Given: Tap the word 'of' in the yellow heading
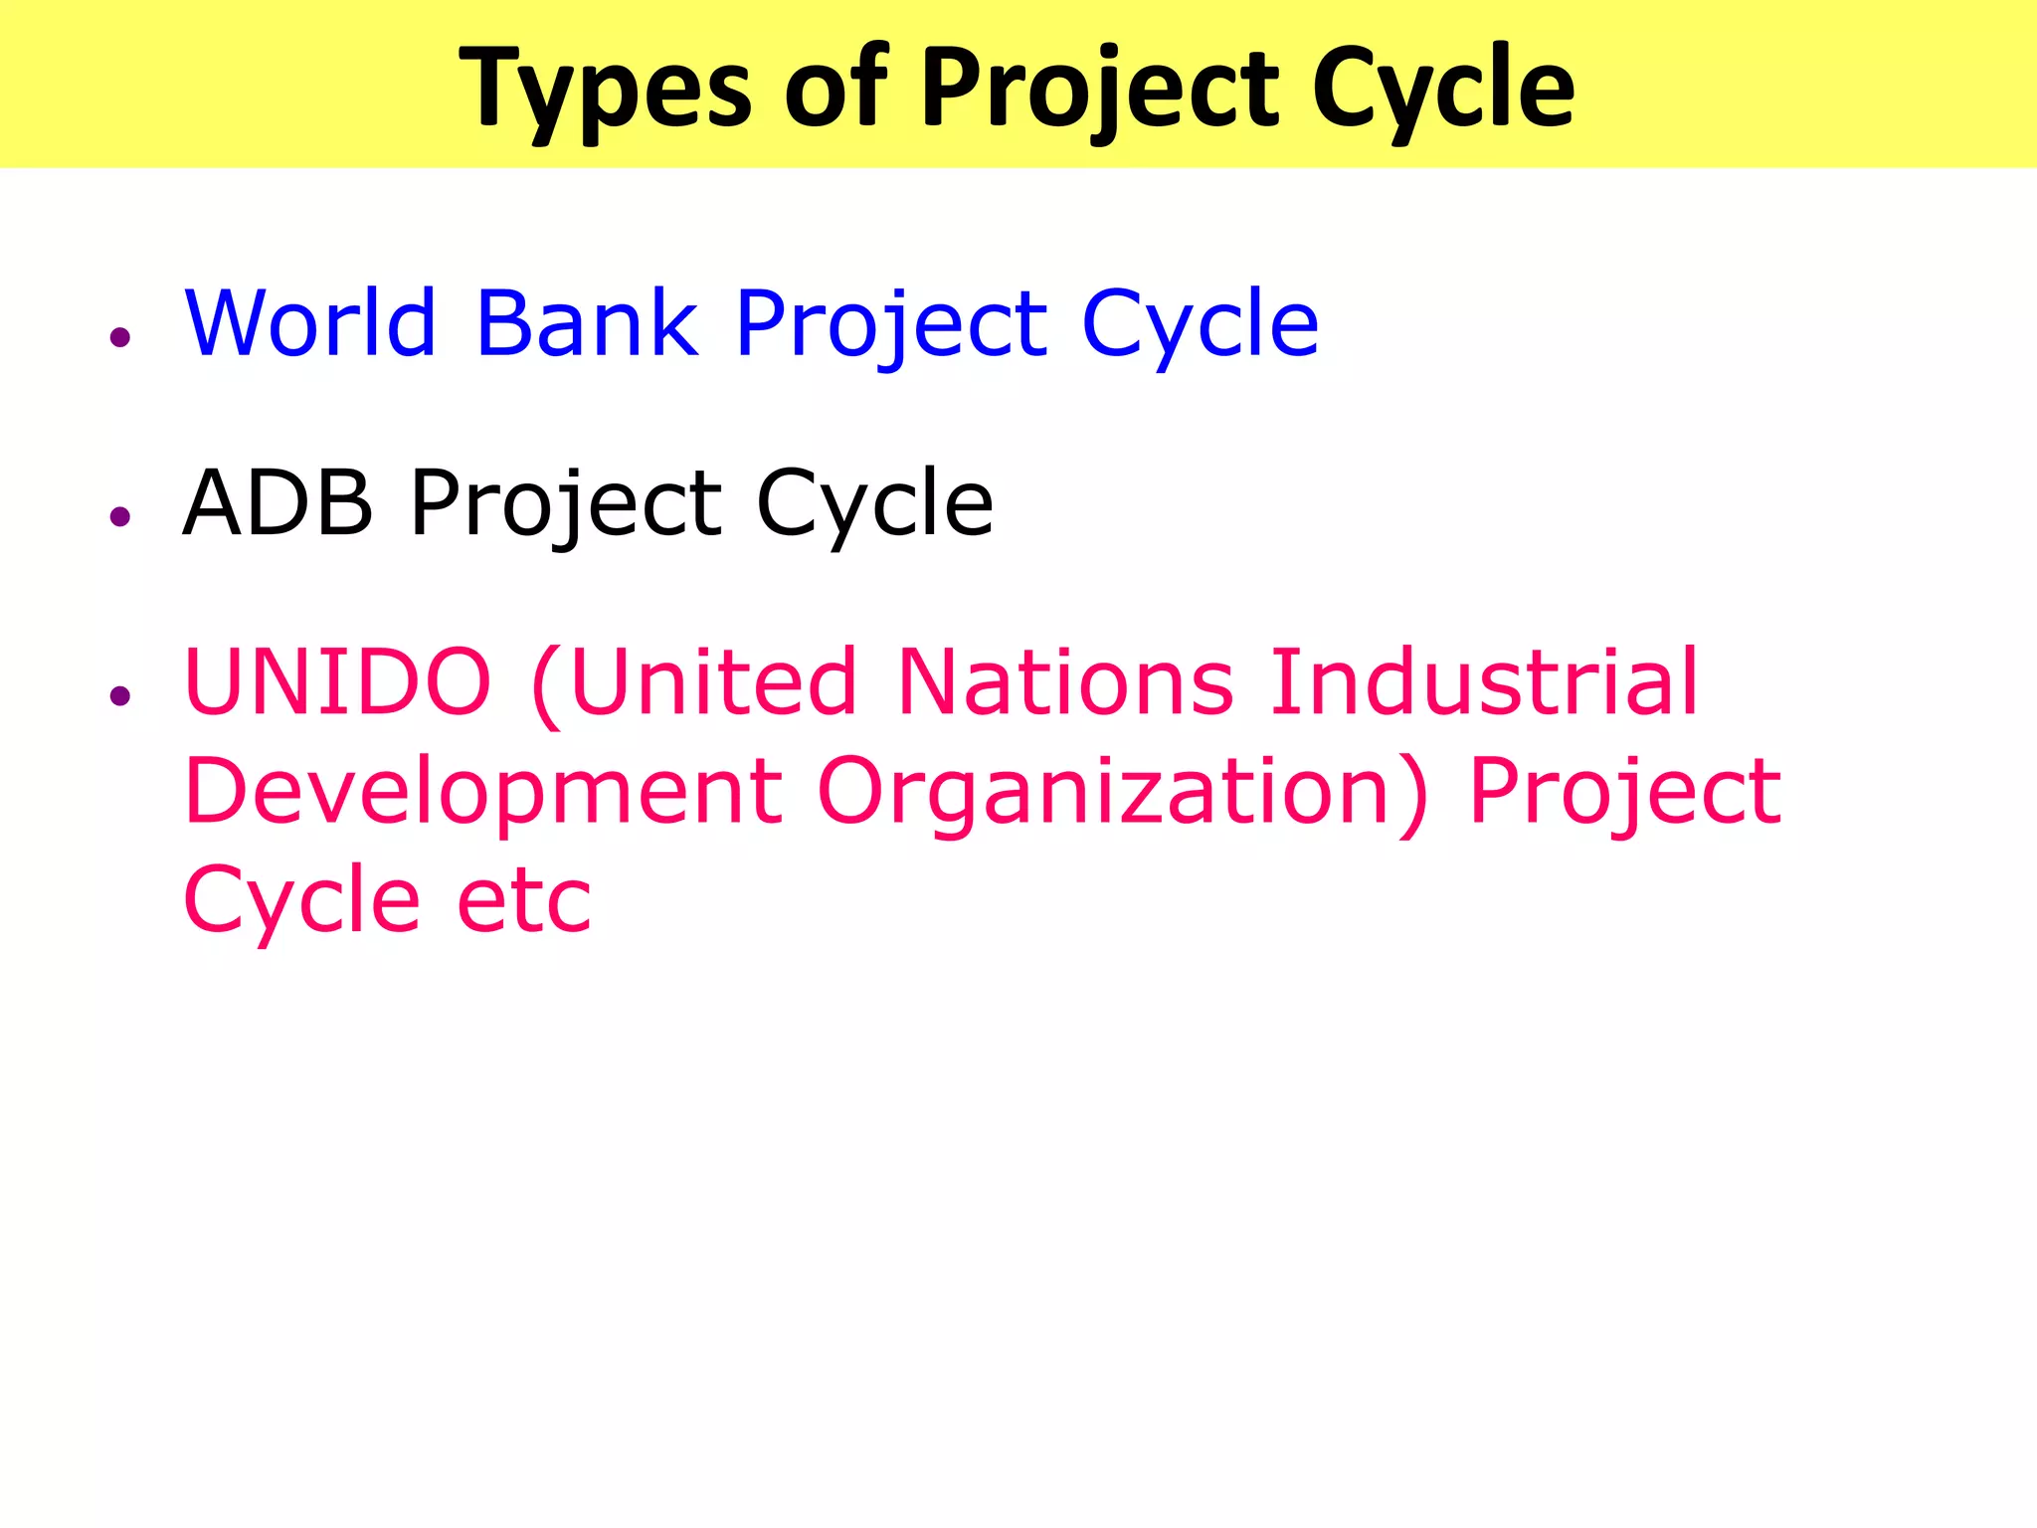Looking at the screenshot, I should pos(833,90).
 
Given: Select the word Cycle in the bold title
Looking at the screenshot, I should pos(1443,90).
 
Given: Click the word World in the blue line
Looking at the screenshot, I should pos(310,322).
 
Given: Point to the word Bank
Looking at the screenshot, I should pos(587,322).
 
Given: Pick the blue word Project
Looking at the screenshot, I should pos(891,324).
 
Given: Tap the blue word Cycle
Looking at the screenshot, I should pos(1200,324).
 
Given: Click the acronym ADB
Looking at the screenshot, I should pos(278,503).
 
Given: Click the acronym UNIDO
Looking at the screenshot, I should pos(338,682).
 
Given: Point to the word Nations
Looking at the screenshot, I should pos(1065,682).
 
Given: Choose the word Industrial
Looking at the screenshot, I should pos(1484,682).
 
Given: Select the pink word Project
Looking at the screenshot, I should pos(1624,794).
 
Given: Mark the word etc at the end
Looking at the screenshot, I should pos(523,901).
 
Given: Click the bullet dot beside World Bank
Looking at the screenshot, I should pos(121,338).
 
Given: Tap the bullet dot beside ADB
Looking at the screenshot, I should pos(121,516).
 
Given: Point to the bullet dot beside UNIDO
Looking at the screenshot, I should pos(121,696).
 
